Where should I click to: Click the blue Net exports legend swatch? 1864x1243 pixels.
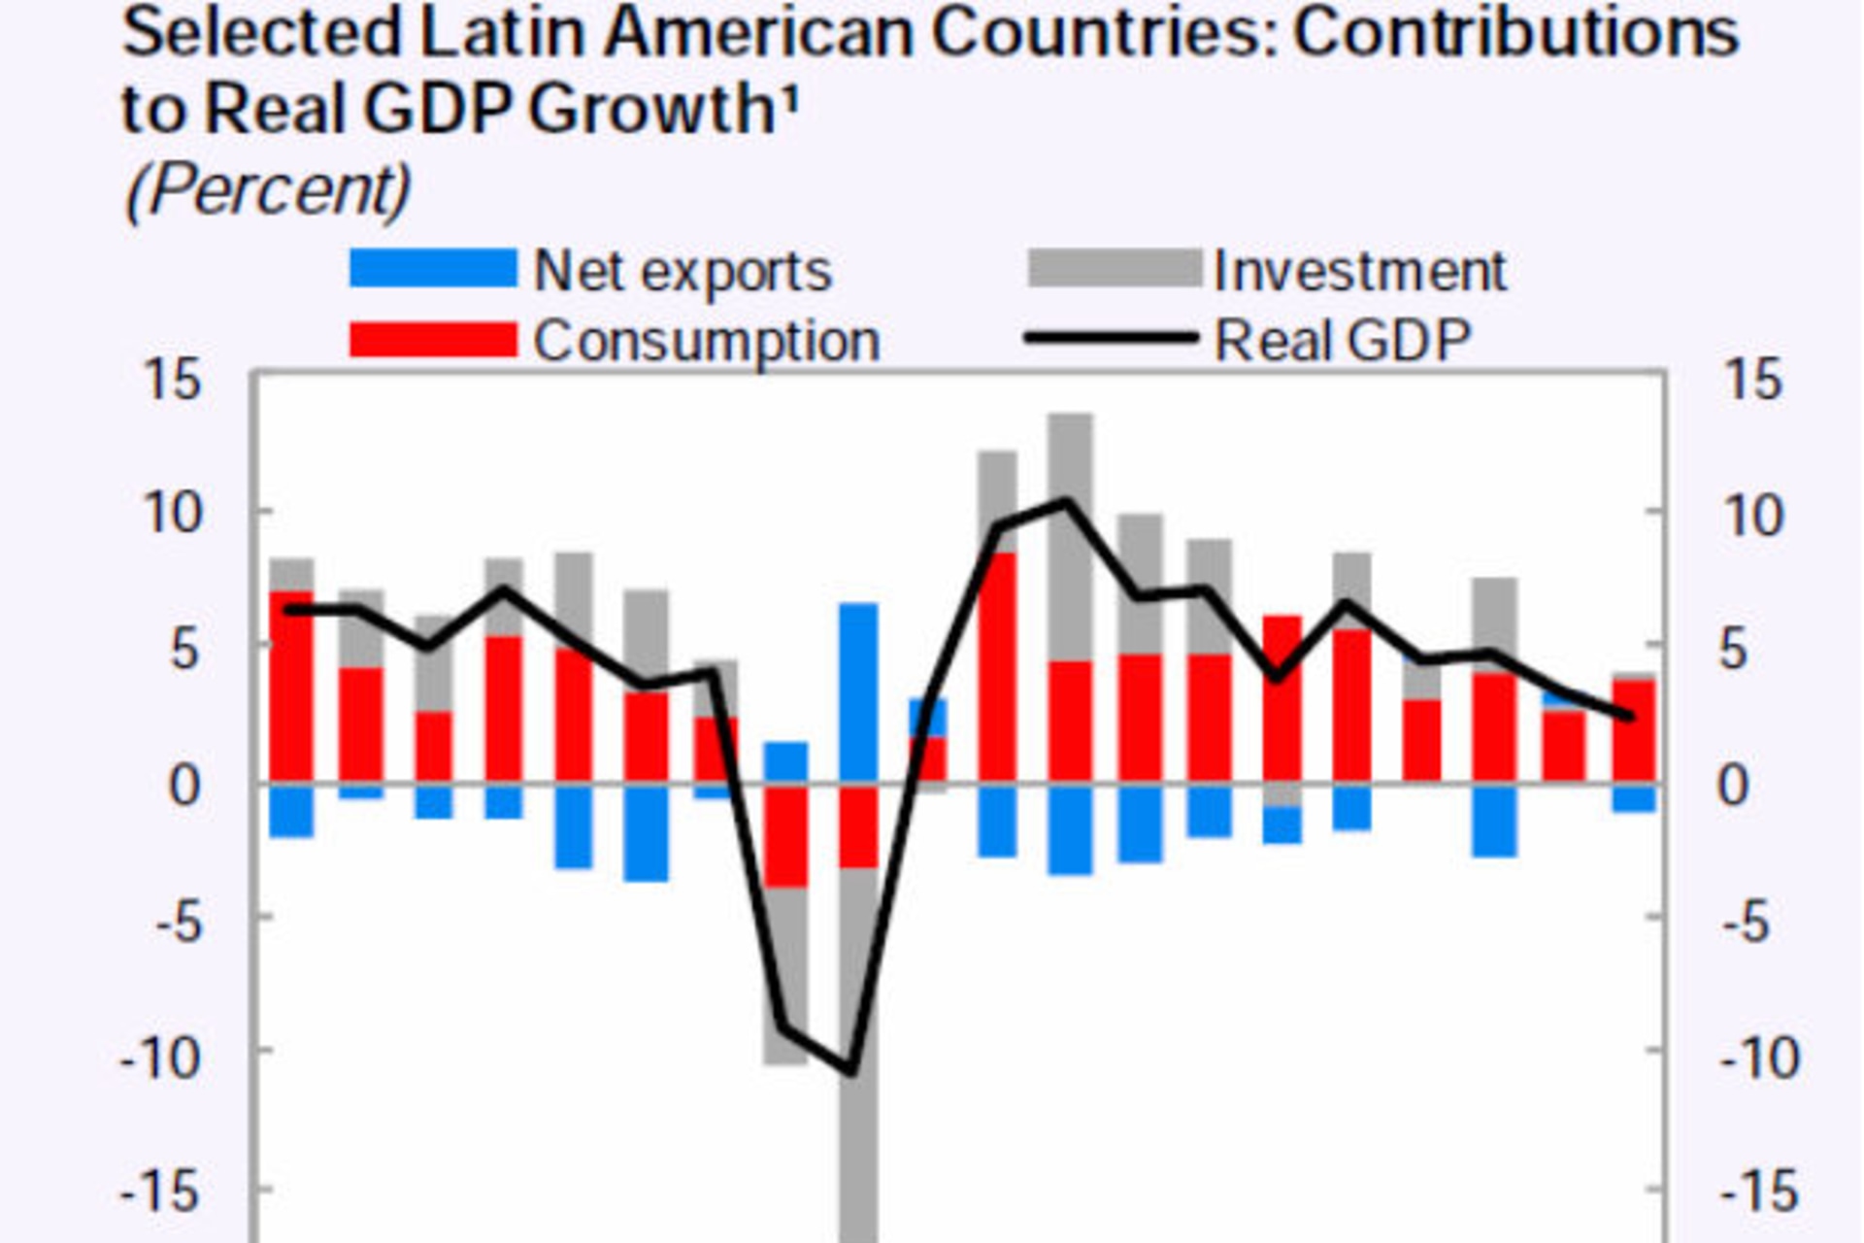[433, 269]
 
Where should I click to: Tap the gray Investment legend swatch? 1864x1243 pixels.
[1115, 269]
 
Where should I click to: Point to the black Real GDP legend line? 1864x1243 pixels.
[1113, 339]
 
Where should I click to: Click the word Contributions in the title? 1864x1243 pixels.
[1516, 33]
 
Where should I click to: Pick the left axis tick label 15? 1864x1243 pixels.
[173, 380]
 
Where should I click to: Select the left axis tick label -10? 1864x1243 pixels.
[161, 1058]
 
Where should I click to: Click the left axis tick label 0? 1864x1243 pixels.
[184, 786]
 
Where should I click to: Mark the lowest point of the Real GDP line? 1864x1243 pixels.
[850, 1070]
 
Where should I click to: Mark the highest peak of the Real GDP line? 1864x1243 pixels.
[1067, 502]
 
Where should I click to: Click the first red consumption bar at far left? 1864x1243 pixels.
[291, 686]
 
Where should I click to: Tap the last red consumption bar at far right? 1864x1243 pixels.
[1634, 730]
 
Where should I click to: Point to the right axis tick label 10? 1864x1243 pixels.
[1751, 516]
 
